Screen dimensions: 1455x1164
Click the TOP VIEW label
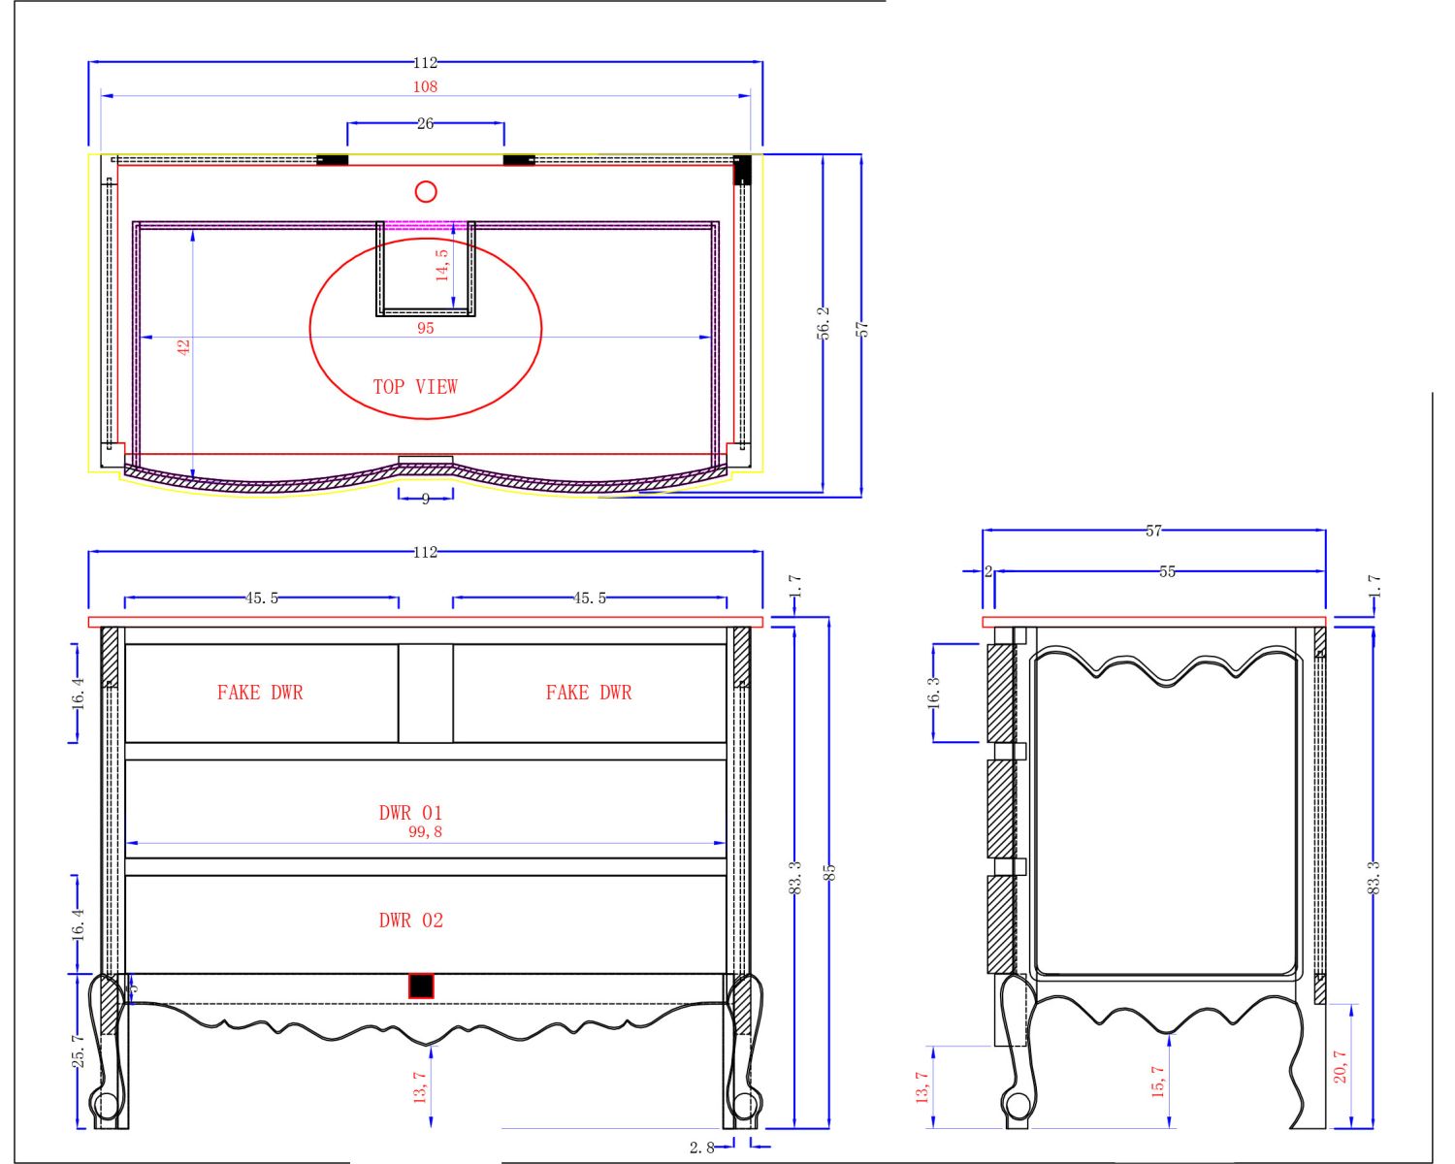(415, 387)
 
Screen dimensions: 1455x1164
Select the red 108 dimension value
(425, 86)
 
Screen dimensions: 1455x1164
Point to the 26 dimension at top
(425, 123)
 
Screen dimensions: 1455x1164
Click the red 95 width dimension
(425, 328)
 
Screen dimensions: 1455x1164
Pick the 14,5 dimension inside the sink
(441, 265)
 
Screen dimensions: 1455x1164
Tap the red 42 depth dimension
(183, 347)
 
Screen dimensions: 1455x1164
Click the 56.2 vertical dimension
(823, 323)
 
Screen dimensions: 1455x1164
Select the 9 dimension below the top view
(425, 500)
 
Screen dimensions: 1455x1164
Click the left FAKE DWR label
(260, 693)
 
